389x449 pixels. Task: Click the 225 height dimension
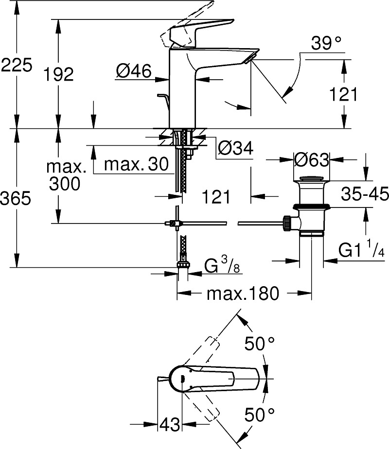click(17, 65)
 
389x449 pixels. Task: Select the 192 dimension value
click(58, 74)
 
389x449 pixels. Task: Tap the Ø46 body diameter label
click(134, 71)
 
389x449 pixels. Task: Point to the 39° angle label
click(326, 43)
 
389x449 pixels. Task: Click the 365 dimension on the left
click(16, 198)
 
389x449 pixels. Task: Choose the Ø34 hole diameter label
click(236, 148)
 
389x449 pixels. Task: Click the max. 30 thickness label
click(136, 164)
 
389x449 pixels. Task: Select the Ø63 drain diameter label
click(312, 160)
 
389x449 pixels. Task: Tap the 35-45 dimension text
click(365, 194)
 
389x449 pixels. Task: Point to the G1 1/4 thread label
click(361, 250)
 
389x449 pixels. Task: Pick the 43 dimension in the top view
click(170, 424)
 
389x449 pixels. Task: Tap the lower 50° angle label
click(260, 414)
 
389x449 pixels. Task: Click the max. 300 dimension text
click(66, 175)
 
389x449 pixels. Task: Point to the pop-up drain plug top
click(312, 179)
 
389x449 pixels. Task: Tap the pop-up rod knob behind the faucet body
click(162, 95)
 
